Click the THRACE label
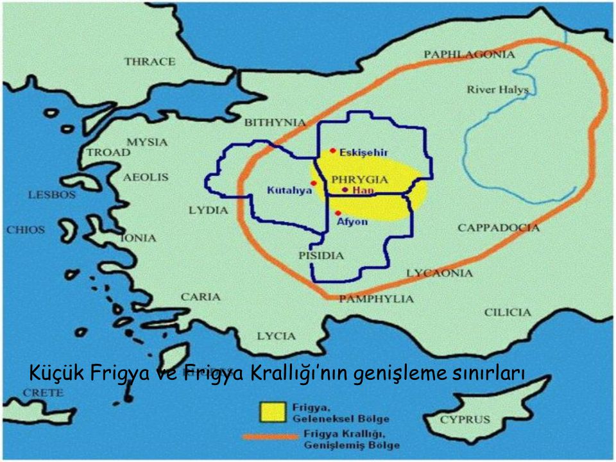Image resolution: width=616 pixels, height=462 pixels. coord(150,62)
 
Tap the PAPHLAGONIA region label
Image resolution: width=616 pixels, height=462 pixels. coord(470,55)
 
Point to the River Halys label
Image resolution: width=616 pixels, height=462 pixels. coord(498,90)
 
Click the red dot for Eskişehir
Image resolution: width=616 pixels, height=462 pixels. coord(333,151)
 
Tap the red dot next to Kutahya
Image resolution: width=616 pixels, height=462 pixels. coord(313,184)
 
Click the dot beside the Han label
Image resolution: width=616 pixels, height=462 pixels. coord(345,190)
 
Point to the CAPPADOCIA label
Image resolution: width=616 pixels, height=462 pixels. coord(499,228)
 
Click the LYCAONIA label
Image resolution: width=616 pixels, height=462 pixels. coord(440,273)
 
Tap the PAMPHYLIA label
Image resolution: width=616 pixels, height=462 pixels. coord(376,299)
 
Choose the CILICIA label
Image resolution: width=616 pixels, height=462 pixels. coord(508,312)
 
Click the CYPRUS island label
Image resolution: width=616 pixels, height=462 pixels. coord(465,420)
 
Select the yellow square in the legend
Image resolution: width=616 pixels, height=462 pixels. coord(271,413)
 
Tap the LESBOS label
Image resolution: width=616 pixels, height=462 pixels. coord(51,195)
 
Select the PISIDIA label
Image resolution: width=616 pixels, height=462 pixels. coord(321,255)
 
